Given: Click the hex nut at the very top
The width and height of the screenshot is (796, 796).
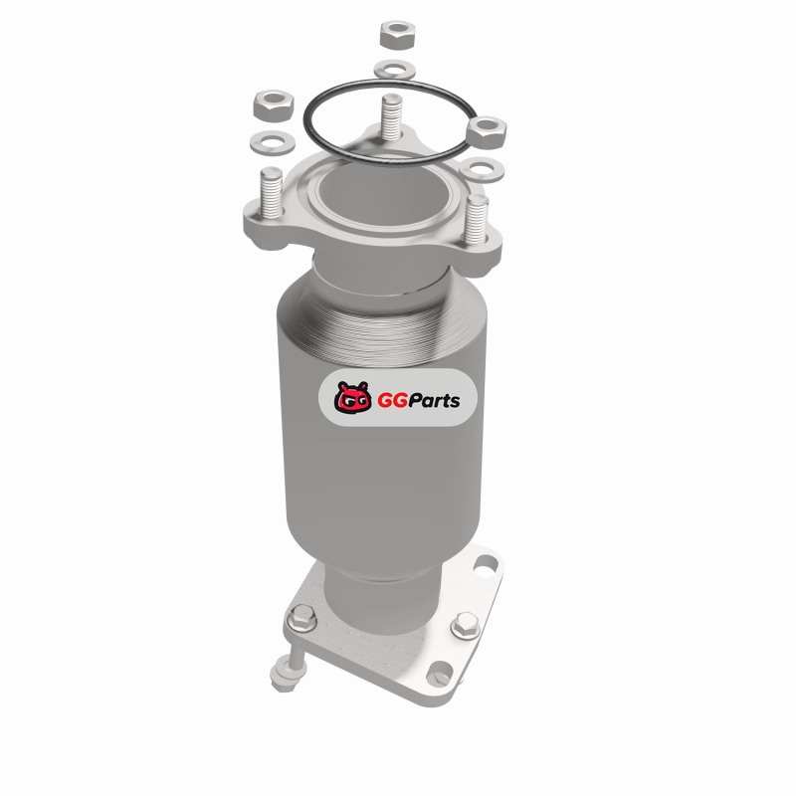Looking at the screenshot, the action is [397, 35].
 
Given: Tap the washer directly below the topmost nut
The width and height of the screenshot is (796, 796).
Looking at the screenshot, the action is [394, 70].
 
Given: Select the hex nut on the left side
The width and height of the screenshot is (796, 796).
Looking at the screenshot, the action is [274, 105].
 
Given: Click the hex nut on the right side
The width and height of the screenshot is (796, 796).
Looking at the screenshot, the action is [487, 132].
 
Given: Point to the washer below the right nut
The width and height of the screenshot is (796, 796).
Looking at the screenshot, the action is [482, 169].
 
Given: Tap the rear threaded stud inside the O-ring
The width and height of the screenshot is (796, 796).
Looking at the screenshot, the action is [391, 116].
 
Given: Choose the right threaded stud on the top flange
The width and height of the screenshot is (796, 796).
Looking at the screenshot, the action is [477, 219].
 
